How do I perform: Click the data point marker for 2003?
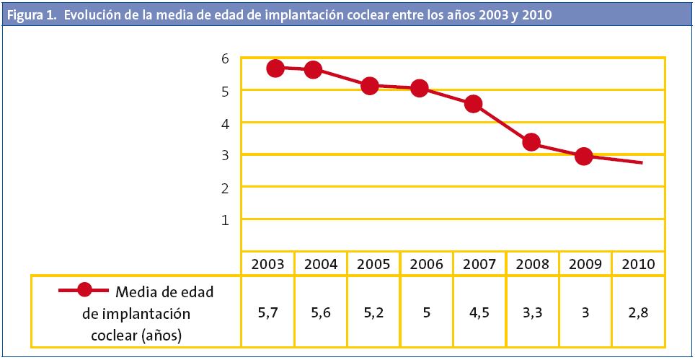275,68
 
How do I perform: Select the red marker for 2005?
370,86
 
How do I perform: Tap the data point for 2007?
474,104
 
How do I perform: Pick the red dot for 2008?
531,142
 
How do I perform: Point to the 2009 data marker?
584,156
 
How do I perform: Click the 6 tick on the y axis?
225,58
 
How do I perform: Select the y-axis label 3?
225,155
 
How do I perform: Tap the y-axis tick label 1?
225,219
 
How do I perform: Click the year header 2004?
321,264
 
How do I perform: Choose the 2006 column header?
427,264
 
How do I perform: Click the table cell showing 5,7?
267,312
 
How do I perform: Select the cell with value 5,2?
373,312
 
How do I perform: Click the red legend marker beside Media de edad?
84,290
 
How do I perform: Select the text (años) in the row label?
161,334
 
